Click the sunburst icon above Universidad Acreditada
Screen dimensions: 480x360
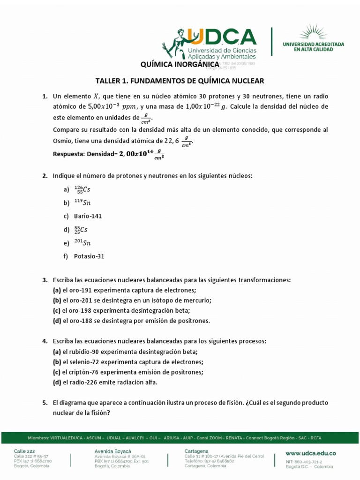pos(313,32)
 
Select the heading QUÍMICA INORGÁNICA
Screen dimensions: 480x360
pos(180,64)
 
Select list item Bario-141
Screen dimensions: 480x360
pos(88,216)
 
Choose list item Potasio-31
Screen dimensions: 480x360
pos(89,256)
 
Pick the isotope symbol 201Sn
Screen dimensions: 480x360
pos(82,243)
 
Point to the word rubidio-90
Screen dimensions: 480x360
pos(84,352)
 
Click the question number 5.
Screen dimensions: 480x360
pos(45,403)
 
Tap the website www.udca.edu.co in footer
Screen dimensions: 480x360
pos(311,453)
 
